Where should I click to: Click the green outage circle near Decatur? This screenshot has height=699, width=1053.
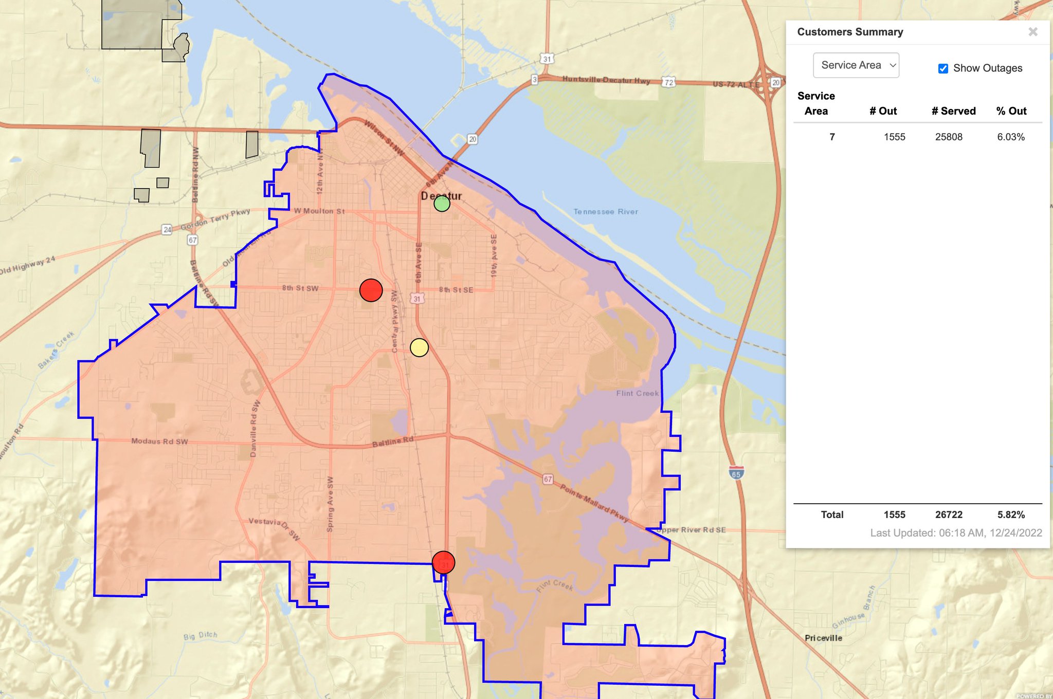point(442,204)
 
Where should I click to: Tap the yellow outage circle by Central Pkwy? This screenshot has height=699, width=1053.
point(419,348)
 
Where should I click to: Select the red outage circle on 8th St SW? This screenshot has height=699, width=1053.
point(371,290)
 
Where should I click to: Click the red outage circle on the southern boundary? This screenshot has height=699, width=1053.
point(443,562)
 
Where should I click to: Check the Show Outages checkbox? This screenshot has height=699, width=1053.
point(943,68)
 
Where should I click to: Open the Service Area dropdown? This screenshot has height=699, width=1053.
point(856,65)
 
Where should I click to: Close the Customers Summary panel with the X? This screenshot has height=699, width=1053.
point(1032,32)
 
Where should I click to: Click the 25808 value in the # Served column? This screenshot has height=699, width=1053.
point(949,137)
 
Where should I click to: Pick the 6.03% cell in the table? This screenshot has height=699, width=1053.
point(1010,137)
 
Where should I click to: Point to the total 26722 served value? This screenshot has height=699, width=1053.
point(949,514)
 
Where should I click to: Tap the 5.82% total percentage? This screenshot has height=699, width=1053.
point(1011,514)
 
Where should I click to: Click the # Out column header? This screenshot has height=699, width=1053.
point(883,111)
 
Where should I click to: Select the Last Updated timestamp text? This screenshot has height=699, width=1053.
point(956,533)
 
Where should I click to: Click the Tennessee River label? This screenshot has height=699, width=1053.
point(606,212)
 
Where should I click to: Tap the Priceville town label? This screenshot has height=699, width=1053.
point(823,638)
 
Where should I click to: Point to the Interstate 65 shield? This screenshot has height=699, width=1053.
point(736,473)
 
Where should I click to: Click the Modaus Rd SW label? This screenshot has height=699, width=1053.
point(159,441)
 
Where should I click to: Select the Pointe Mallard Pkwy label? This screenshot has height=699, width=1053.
point(594,503)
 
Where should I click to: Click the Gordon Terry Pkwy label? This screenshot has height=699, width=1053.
point(215,219)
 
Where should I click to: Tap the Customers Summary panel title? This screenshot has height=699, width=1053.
point(850,32)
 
